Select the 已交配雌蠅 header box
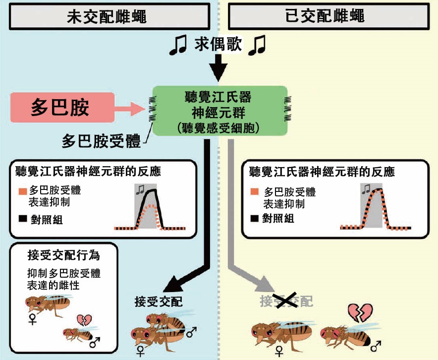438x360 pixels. click(x=326, y=16)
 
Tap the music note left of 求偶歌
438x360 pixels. click(x=178, y=46)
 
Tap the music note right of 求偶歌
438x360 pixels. click(x=257, y=46)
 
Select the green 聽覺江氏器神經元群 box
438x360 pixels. click(x=220, y=110)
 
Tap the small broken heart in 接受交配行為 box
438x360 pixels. click(x=83, y=320)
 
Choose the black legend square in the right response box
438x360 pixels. click(x=253, y=218)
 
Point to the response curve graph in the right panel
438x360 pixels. click(x=378, y=208)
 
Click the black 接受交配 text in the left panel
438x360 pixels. click(x=159, y=300)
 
